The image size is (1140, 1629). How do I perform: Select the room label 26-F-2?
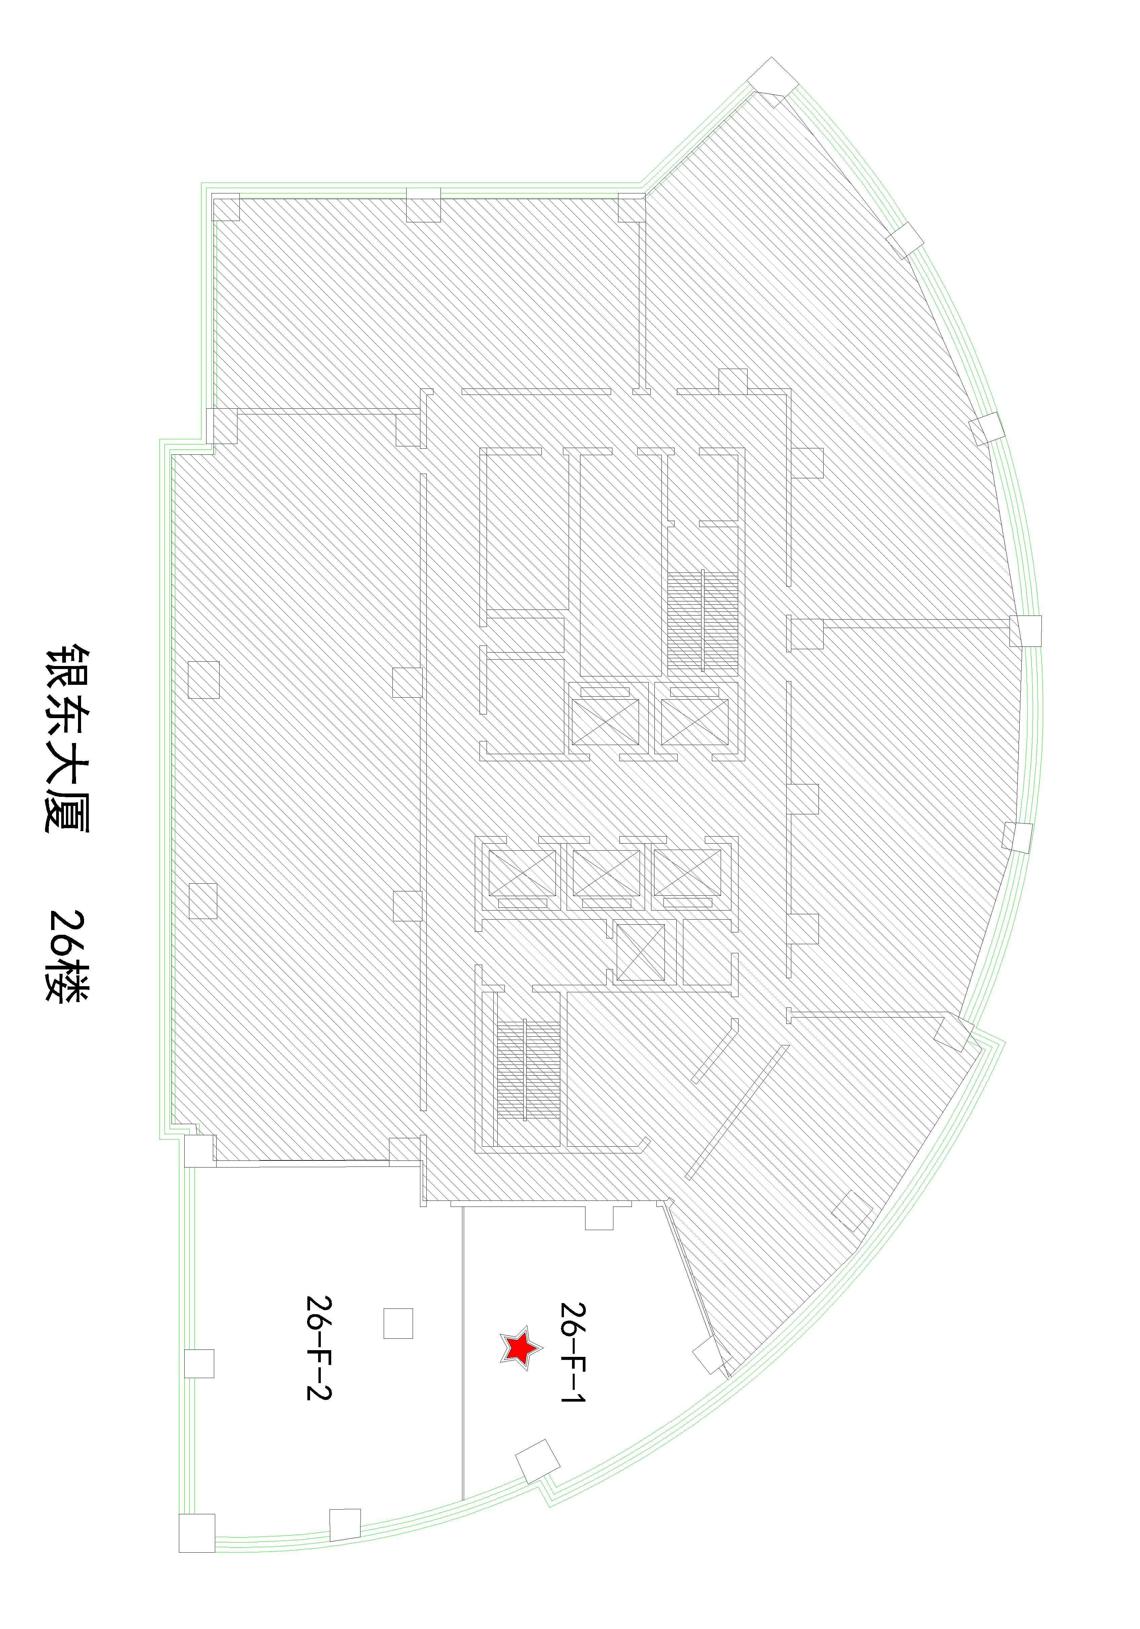(318, 1348)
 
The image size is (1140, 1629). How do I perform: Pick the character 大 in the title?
(67, 763)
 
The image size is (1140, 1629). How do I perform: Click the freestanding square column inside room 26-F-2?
(398, 1323)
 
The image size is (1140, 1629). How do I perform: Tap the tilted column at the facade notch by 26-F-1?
(537, 1461)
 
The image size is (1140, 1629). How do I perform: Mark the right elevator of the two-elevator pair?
(694, 721)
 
